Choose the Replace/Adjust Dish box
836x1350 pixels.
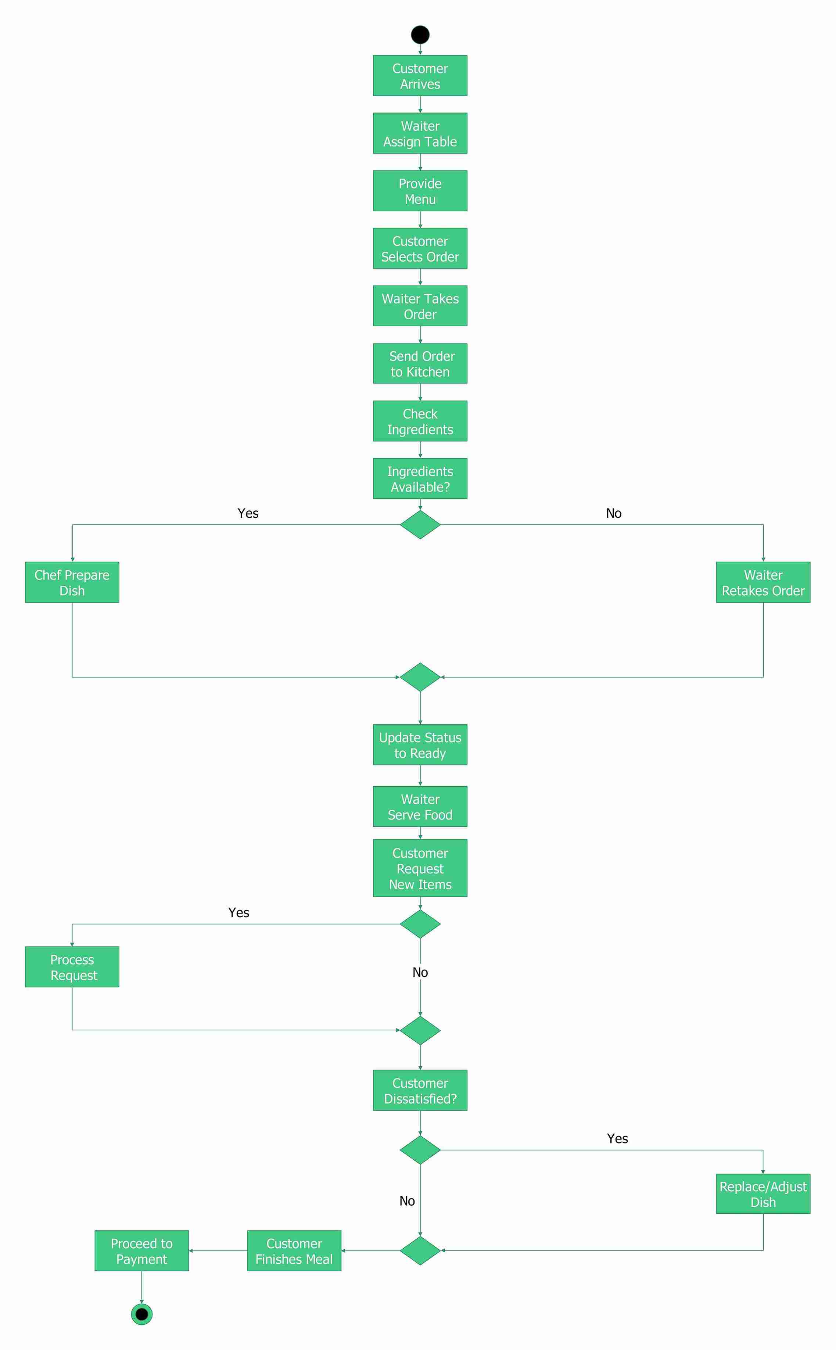pos(763,1194)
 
